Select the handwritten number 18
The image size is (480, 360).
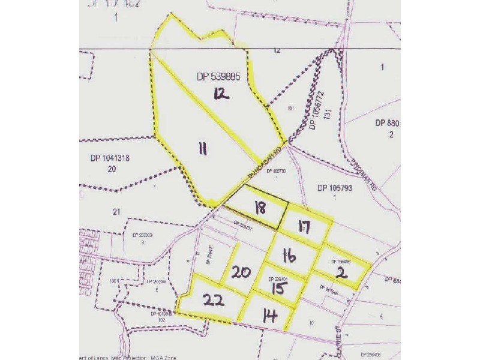tap(260, 209)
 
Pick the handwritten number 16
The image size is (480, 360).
tap(290, 256)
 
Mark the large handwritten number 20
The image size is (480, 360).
tap(242, 272)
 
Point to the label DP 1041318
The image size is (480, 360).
tap(110, 158)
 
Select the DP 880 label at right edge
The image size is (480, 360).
tap(388, 123)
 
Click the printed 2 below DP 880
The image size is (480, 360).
tap(391, 134)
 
